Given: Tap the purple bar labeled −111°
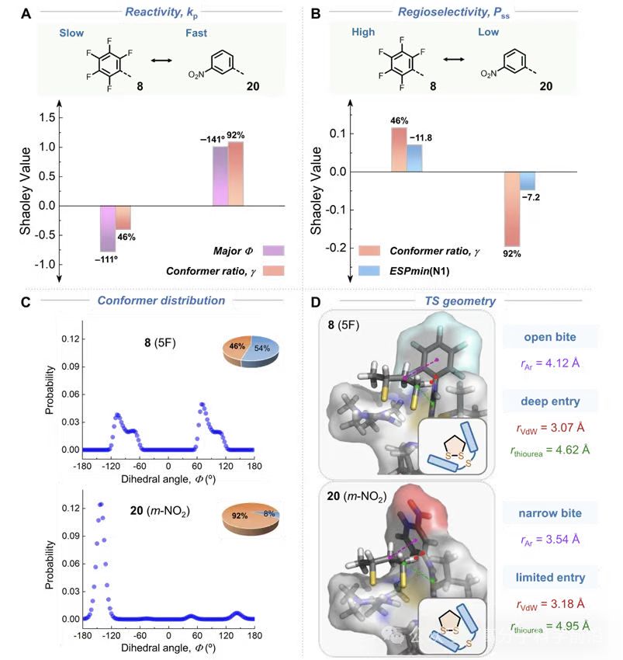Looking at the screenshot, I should tap(108, 228).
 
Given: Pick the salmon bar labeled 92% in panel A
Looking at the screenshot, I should tap(236, 174).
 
